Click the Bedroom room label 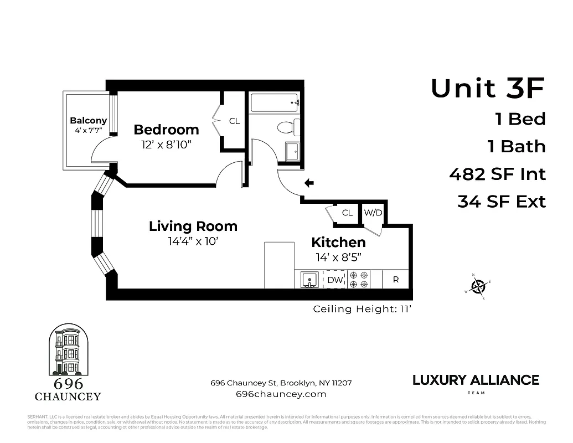166,130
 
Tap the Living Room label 193,226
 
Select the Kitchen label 338,242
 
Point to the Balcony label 88,121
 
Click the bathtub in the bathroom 275,103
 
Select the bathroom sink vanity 292,151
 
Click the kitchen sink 309,280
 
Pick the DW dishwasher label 335,280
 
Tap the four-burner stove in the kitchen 358,280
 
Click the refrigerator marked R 396,280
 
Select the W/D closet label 373,213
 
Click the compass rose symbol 478,287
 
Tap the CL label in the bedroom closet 234,121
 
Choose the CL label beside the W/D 347,213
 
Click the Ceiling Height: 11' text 362,309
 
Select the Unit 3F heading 488,89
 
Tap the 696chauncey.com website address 281,394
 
